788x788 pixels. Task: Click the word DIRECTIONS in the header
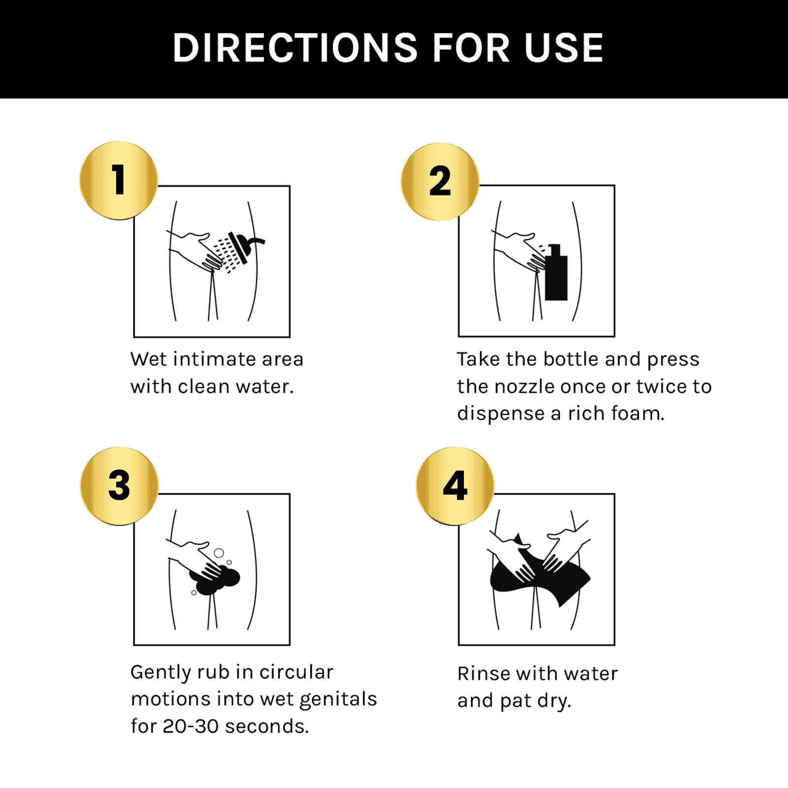295,48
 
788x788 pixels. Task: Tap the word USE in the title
564,48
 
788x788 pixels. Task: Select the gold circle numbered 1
119,180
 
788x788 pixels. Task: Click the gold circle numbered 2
440,182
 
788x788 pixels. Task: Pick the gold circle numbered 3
119,486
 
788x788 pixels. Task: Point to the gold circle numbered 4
455,486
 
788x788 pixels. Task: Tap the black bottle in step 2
556,272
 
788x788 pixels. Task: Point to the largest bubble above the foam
219,553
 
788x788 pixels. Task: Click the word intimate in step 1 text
214,359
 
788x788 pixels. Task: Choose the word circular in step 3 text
296,672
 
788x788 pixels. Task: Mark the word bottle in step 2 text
572,359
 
